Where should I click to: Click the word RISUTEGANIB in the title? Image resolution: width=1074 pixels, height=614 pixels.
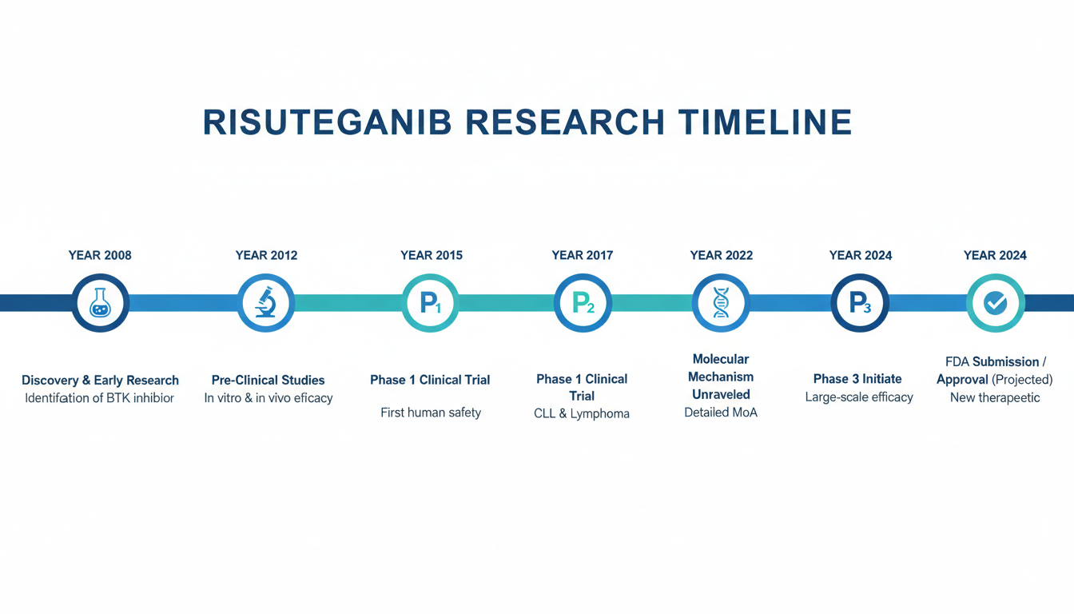pos(328,122)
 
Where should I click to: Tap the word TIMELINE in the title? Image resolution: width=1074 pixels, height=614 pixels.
pos(766,122)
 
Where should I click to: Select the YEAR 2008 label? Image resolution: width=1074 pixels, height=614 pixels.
pos(100,255)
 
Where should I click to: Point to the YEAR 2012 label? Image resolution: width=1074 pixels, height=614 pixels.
pos(266,255)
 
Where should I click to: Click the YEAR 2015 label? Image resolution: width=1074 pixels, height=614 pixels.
pos(432,255)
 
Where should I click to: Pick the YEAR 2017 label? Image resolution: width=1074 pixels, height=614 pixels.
pos(582,255)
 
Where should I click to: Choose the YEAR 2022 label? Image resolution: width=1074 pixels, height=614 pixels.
pos(721,255)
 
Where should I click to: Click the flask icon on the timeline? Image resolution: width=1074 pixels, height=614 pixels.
pos(100,303)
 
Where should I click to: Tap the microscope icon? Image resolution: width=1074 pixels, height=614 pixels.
pos(266,302)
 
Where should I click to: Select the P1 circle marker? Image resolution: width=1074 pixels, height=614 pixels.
pos(430,303)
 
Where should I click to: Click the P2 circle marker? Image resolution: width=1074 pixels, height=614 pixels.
pos(583,303)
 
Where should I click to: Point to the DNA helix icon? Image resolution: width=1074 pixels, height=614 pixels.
pos(721,303)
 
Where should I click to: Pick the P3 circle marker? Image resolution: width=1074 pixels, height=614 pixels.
pos(860,303)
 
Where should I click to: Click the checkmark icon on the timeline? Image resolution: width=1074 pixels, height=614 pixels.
pos(996,303)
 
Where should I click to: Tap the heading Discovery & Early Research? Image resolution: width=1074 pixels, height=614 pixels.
pos(100,381)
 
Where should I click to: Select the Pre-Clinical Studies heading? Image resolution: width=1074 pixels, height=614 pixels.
pos(268,381)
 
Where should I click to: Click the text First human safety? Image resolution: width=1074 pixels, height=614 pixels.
pos(431,413)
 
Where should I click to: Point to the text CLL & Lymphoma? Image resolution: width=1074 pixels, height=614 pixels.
pos(582,413)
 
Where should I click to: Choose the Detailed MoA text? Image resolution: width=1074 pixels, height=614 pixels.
pos(721,413)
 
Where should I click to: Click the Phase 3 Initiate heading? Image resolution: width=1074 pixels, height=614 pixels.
pos(857,379)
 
